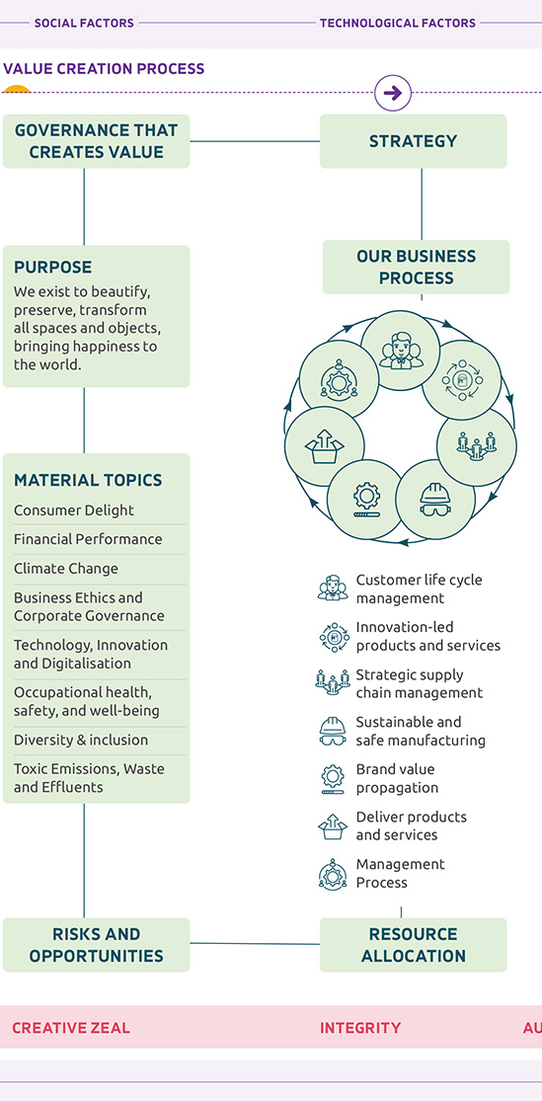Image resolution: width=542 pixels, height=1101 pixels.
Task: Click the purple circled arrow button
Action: click(393, 93)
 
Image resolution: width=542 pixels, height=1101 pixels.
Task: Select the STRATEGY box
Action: click(413, 141)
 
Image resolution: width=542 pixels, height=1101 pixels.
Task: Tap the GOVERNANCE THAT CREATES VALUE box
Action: click(96, 141)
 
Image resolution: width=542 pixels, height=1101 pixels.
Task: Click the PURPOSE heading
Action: click(52, 268)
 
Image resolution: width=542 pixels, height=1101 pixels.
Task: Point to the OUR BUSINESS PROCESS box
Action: click(417, 267)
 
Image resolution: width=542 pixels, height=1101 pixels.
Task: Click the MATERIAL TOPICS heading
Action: click(88, 480)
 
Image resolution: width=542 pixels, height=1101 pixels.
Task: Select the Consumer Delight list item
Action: click(74, 511)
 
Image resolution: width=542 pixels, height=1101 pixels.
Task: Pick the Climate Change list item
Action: click(66, 569)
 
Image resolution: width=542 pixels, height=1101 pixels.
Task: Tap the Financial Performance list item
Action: click(88, 539)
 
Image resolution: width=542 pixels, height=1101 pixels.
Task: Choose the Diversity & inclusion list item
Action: click(81, 740)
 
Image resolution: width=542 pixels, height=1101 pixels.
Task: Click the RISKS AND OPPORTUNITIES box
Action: click(96, 945)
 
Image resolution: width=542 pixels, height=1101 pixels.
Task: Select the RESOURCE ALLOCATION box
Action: click(413, 945)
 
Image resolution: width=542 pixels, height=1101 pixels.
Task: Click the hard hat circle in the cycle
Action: click(435, 500)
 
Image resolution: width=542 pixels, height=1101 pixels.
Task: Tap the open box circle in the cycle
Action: click(325, 446)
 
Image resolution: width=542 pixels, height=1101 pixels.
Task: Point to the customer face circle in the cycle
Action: click(400, 352)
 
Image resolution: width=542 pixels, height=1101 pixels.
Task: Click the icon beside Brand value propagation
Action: click(333, 779)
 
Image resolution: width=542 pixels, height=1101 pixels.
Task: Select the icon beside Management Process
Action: click(333, 874)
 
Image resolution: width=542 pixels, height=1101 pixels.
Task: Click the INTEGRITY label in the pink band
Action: click(360, 1028)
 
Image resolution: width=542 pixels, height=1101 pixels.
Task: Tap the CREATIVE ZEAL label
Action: click(71, 1028)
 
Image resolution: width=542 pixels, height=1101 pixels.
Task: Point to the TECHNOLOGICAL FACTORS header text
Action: click(398, 23)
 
